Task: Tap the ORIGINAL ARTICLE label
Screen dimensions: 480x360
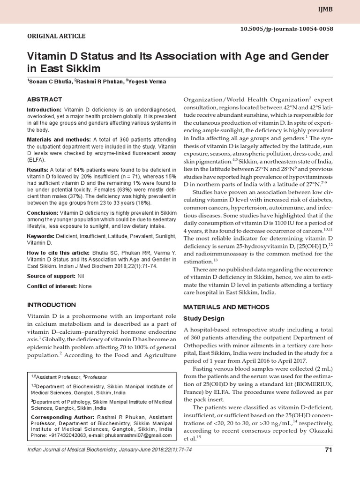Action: pyautogui.click(x=56, y=36)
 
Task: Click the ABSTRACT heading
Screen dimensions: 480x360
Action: pyautogui.click(x=45, y=99)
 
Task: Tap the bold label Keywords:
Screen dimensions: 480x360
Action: pyautogui.click(x=41, y=236)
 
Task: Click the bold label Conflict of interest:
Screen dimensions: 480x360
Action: pyautogui.click(x=52, y=286)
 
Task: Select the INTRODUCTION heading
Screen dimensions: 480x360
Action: pyautogui.click(x=52, y=305)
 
